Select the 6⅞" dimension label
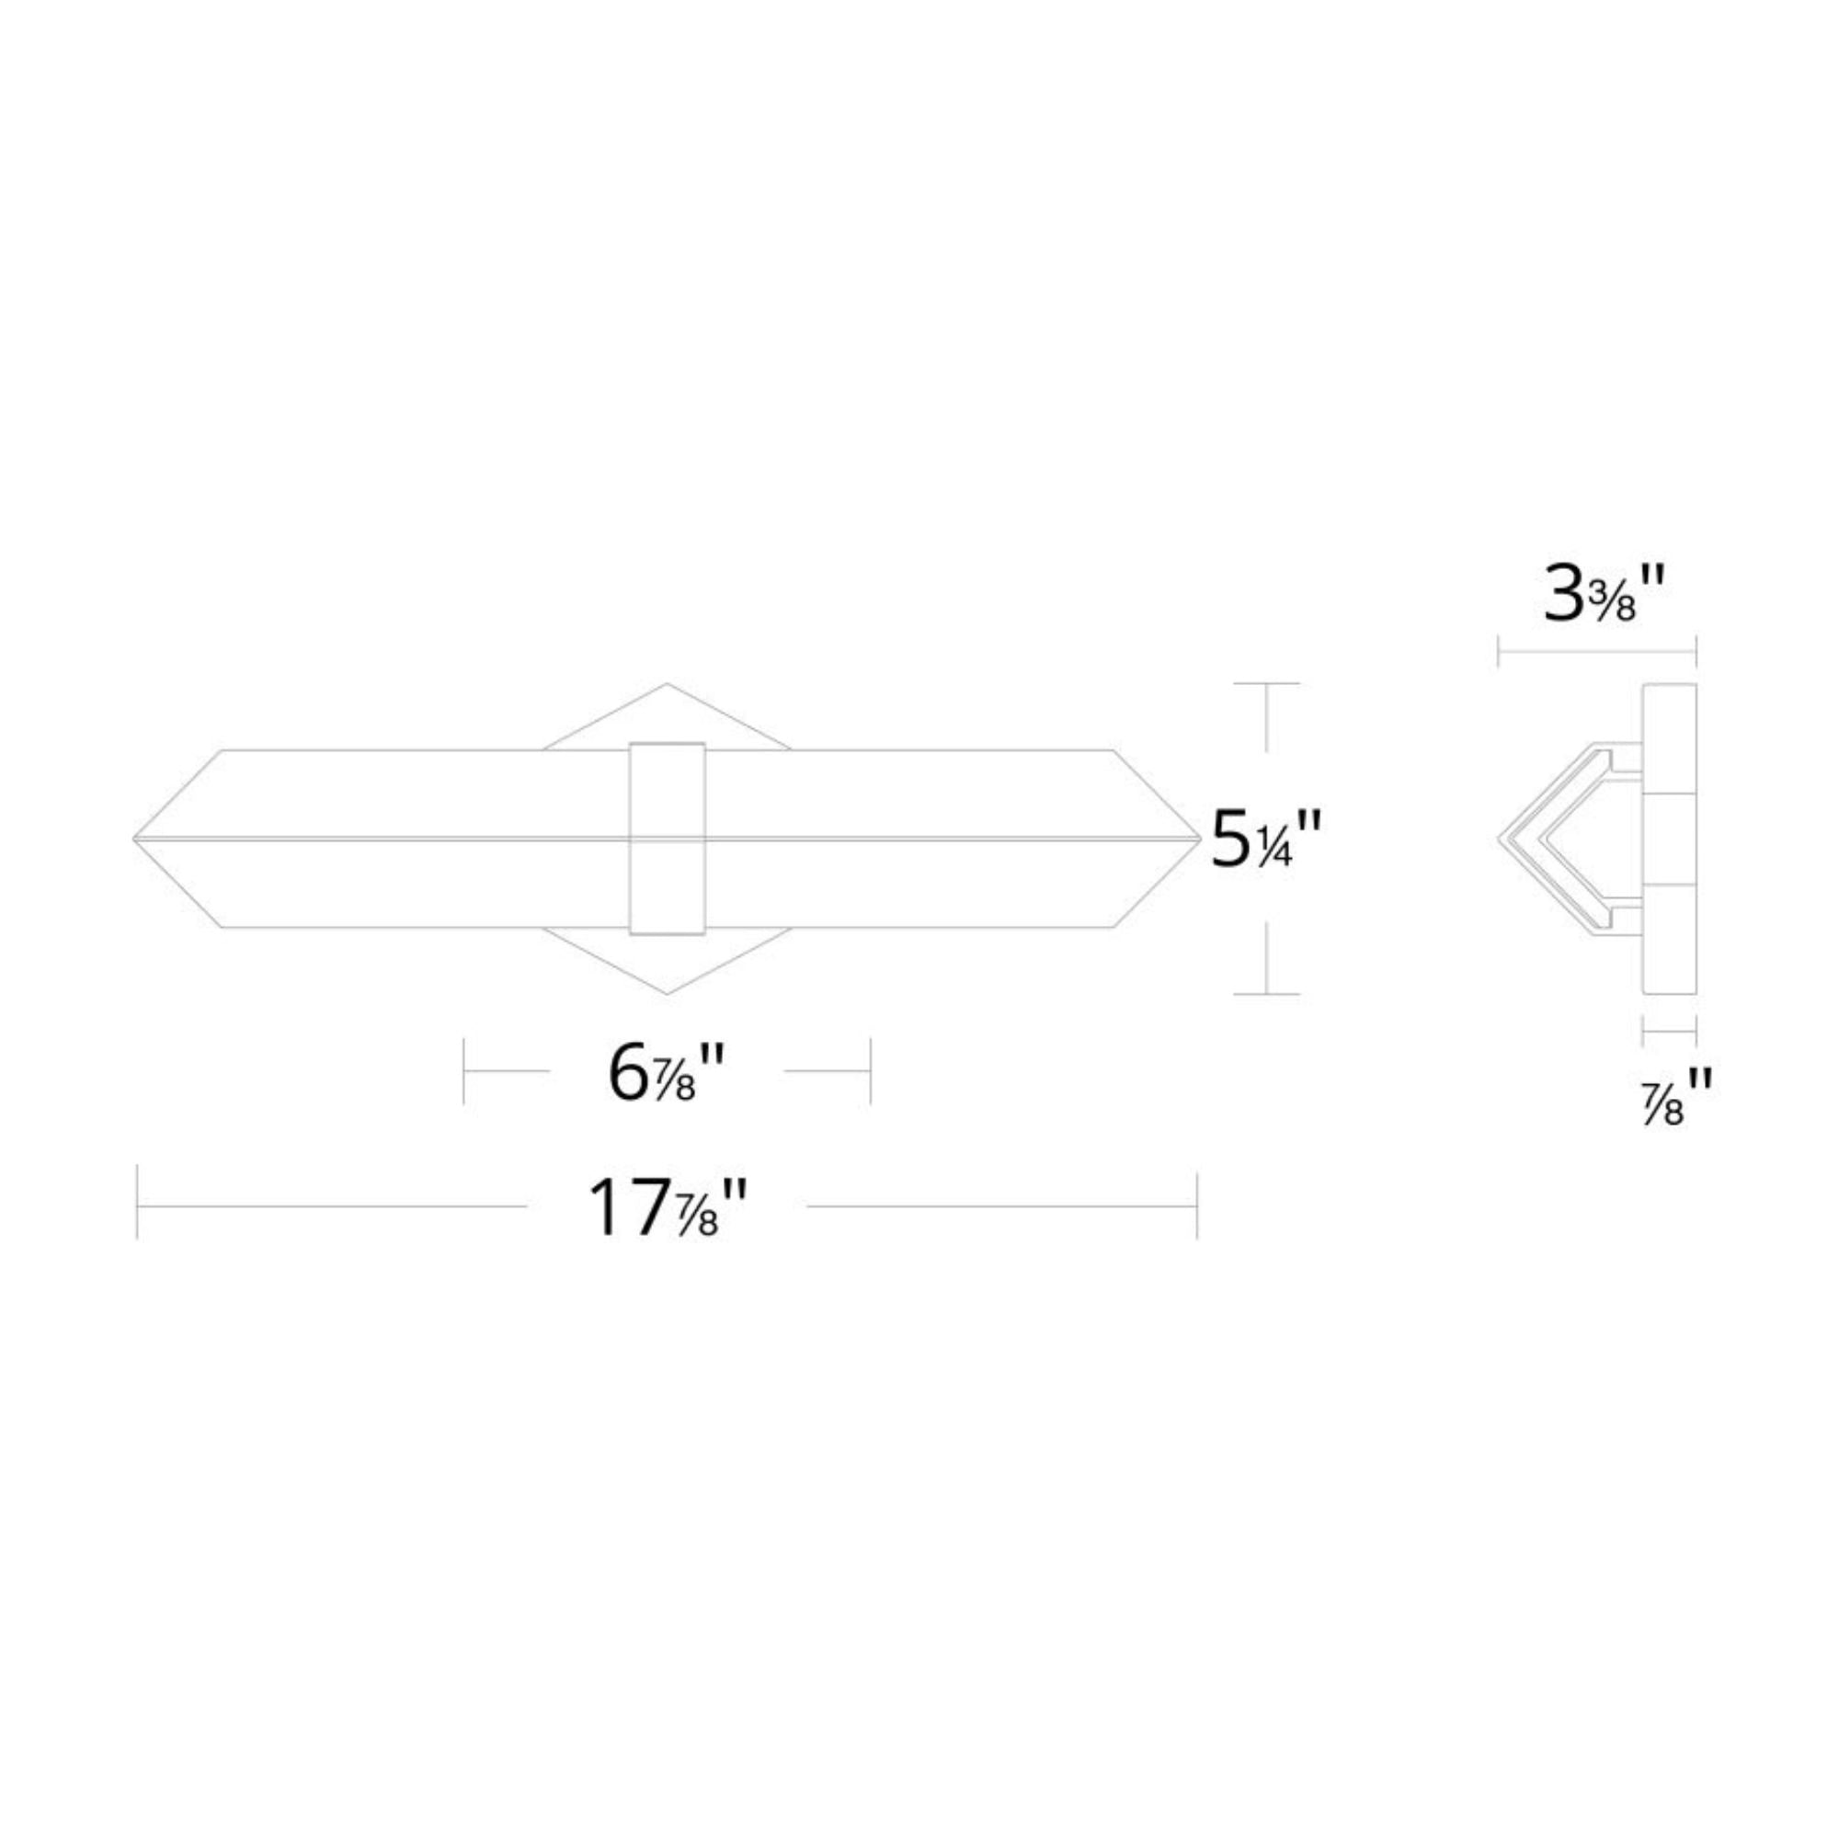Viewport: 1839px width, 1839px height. coord(668,1074)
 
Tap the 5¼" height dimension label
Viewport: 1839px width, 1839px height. coord(1267,839)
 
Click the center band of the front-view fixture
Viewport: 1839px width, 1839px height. coord(668,838)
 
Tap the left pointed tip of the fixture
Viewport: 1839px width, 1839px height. coord(133,839)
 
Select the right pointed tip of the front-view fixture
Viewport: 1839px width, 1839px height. coord(1201,839)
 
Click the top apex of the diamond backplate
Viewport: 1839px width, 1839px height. coord(667,683)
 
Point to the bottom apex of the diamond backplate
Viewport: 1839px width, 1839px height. coord(667,994)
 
